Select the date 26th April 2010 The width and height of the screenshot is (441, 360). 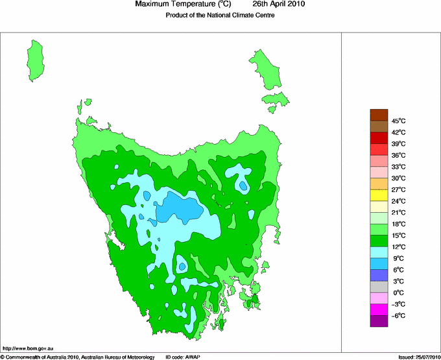(278, 5)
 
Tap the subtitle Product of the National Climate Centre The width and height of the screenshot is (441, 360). (221, 15)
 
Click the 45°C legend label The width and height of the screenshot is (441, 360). (398, 121)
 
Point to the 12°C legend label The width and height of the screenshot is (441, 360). (398, 247)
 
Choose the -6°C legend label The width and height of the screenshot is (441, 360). (398, 316)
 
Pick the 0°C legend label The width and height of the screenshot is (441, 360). (398, 293)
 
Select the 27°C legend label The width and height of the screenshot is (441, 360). (398, 189)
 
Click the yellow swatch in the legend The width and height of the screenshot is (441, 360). (379, 195)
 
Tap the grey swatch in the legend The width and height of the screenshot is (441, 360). (379, 287)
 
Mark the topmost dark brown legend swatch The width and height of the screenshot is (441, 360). (379, 115)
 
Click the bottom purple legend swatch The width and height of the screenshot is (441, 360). (379, 322)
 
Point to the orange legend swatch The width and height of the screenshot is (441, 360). (379, 184)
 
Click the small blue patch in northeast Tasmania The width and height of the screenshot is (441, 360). (243, 186)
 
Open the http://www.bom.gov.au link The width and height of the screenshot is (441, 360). (28, 348)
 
